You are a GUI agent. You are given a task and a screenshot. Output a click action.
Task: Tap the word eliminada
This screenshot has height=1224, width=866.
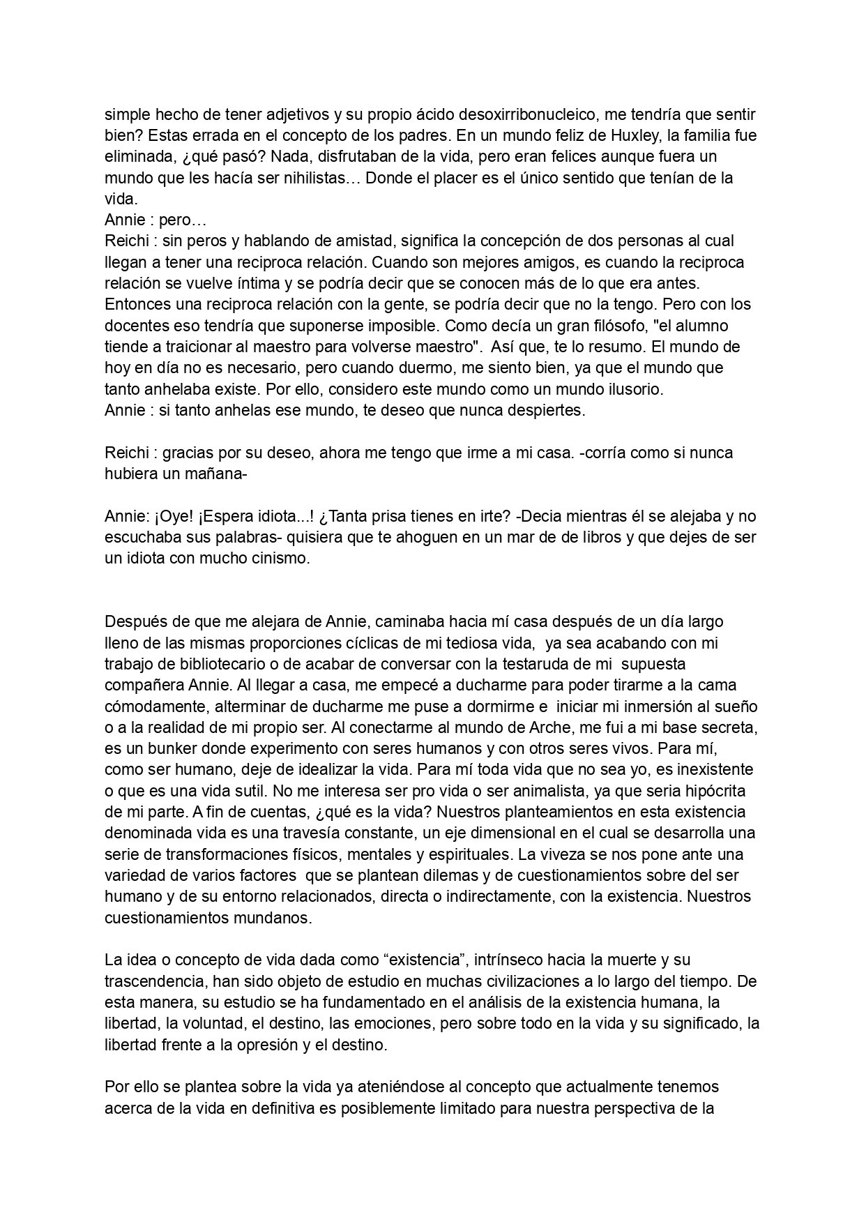click(137, 157)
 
